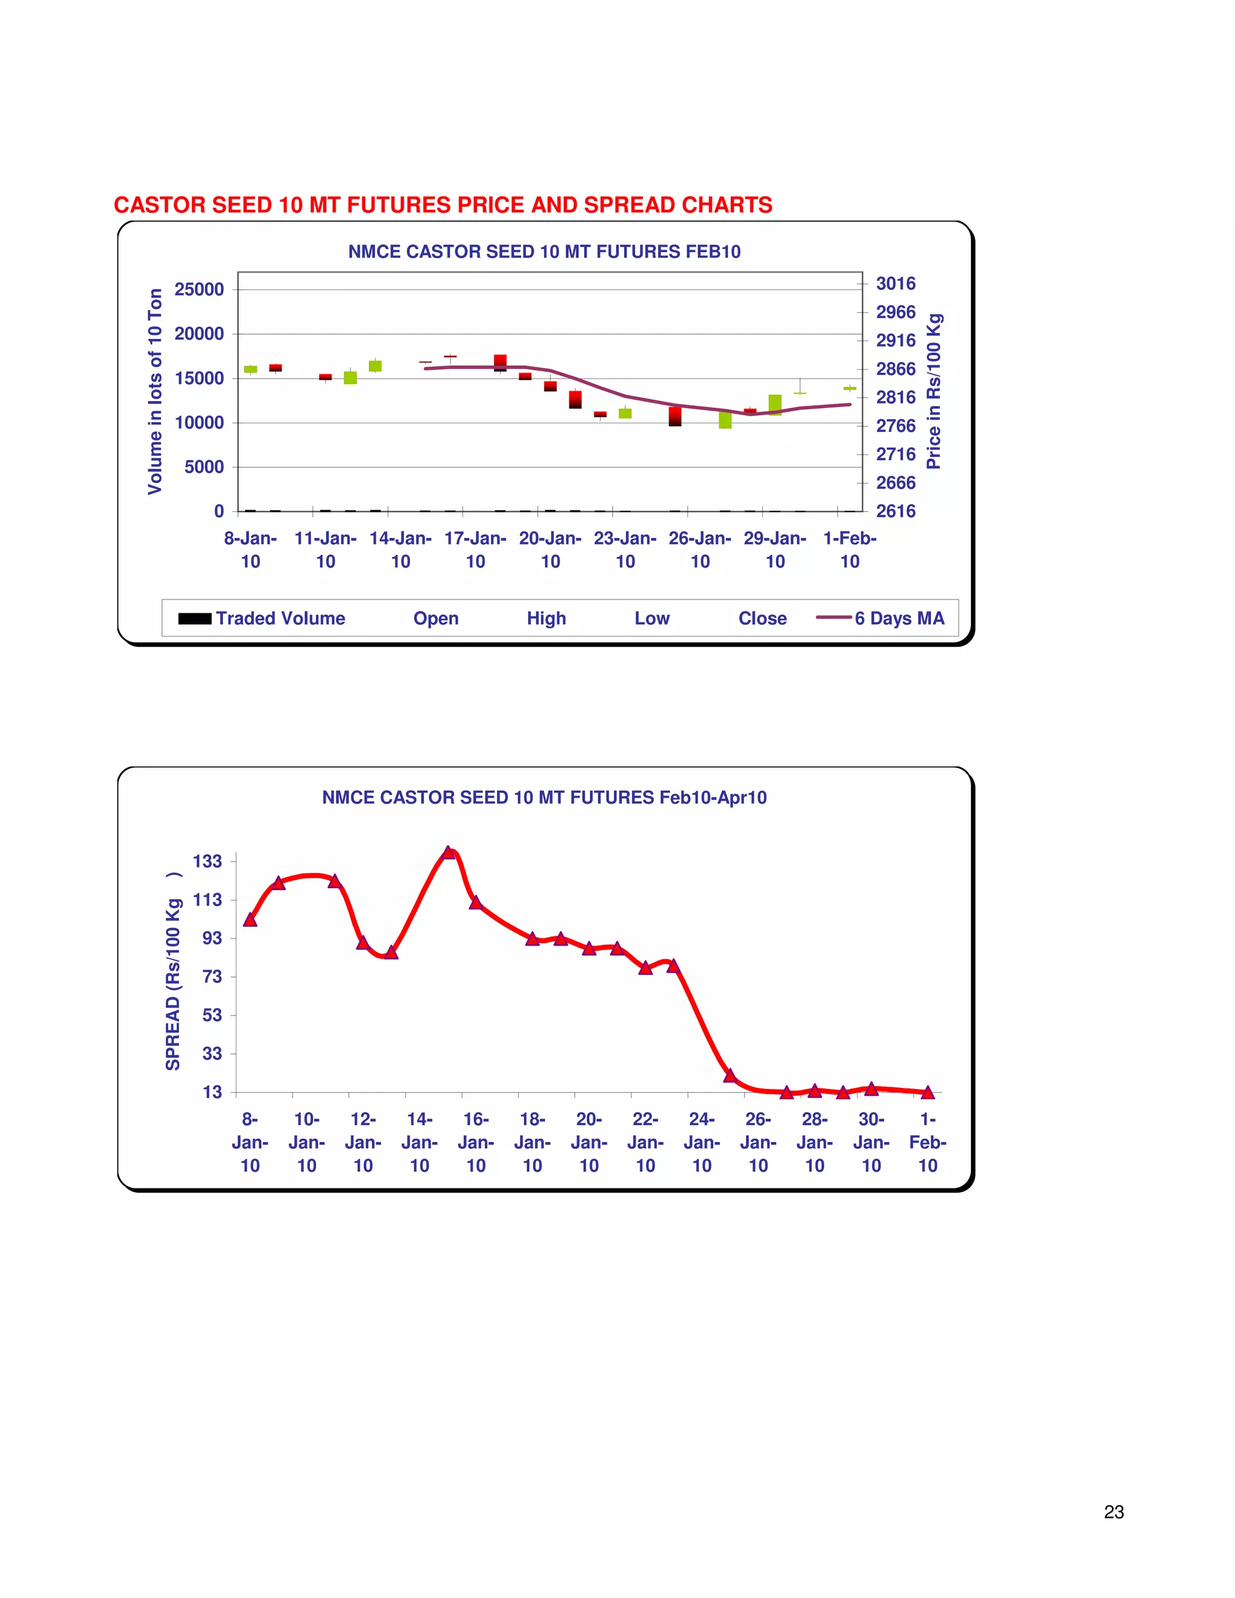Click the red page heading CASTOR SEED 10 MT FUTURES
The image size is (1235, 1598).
pos(443,205)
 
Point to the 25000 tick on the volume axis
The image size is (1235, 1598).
pos(199,289)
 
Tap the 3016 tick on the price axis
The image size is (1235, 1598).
pos(895,283)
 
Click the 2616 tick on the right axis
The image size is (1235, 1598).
pos(895,511)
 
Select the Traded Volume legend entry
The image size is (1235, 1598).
pos(262,618)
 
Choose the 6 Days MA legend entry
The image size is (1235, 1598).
pos(881,618)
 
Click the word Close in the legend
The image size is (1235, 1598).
pos(762,618)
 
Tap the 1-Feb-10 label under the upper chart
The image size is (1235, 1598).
pos(850,549)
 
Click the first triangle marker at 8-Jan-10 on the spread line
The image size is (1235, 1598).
pos(250,920)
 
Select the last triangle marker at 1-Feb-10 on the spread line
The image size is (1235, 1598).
pos(927,1093)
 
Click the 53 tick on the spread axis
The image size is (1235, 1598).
pos(212,1015)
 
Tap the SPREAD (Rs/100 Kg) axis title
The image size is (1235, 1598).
pos(172,971)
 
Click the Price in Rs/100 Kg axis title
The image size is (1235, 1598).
pos(933,391)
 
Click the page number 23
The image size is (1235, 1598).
pos(1114,1512)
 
